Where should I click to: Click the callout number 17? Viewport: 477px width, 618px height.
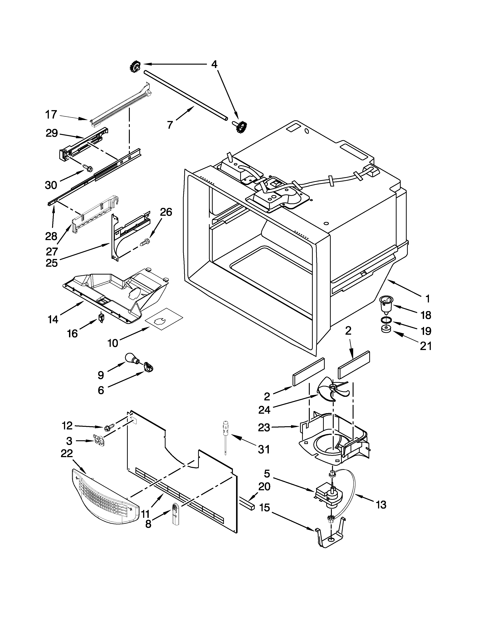click(51, 115)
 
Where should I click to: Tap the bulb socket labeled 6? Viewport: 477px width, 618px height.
click(149, 367)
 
